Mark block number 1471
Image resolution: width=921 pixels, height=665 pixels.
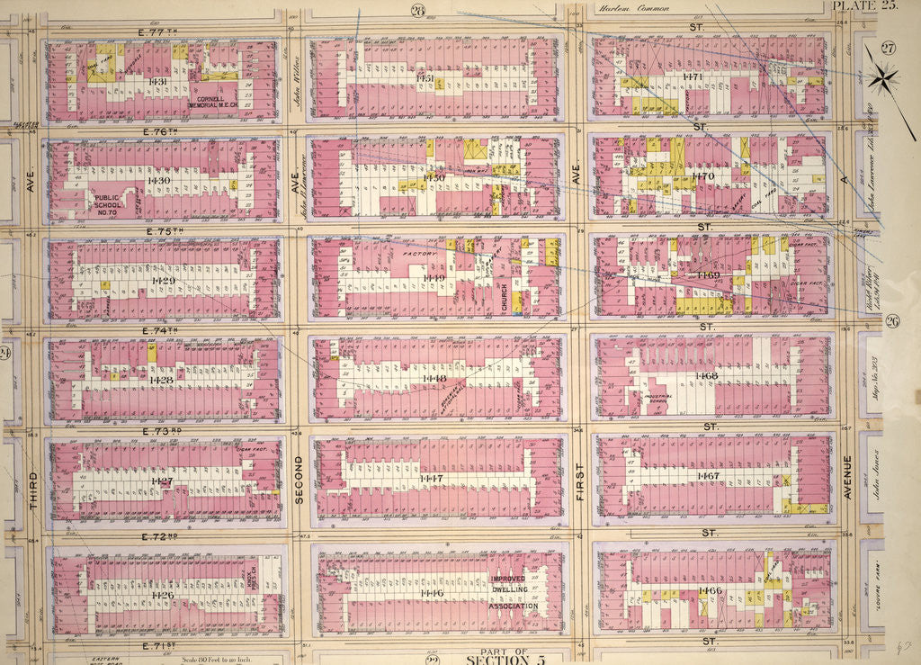click(x=693, y=77)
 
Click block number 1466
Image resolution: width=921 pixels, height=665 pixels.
click(x=710, y=590)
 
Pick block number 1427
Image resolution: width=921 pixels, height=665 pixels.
click(x=162, y=481)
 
